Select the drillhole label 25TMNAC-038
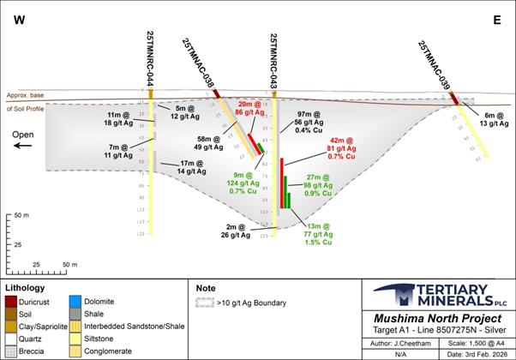[x=199, y=63]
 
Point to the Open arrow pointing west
[x=21, y=146]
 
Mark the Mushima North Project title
[x=437, y=316]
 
